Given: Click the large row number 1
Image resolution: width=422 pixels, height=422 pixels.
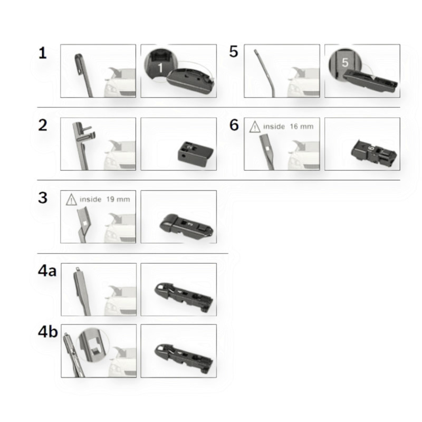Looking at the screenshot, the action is point(43,53).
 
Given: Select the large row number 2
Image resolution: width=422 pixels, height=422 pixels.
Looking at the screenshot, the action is point(43,125).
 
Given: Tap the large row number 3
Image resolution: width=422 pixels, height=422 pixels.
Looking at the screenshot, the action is point(43,198).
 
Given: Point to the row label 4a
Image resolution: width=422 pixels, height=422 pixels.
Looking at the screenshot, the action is point(47,271).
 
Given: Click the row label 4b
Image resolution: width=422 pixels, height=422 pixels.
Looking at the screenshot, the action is point(47,332).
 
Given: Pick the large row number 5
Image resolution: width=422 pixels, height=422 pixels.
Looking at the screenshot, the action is point(233,51).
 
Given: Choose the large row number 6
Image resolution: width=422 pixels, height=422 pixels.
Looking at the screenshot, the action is point(234,125).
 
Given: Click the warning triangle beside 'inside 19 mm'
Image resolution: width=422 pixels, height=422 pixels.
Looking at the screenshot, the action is point(71,200).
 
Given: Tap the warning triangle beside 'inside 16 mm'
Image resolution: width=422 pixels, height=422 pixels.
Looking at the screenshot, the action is point(255,127).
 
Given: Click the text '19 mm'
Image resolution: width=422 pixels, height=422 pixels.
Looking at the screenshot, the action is point(118,199).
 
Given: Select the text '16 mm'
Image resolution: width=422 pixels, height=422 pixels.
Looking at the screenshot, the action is point(302,127).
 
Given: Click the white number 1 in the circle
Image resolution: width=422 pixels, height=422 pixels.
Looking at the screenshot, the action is point(160,68).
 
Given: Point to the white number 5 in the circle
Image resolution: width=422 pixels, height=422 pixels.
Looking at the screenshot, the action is point(345,62).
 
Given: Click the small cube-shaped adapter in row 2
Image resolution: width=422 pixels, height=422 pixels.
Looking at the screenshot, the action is point(195,154).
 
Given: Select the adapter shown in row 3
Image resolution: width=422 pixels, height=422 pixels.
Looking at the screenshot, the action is point(187,226).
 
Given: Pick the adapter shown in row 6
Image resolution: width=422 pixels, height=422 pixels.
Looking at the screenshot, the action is point(374,152).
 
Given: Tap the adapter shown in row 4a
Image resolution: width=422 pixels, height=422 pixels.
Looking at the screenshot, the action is point(184,297).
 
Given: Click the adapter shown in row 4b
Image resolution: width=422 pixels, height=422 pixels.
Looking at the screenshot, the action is point(184,358).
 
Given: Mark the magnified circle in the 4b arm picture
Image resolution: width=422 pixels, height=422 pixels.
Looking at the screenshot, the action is point(93,346).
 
